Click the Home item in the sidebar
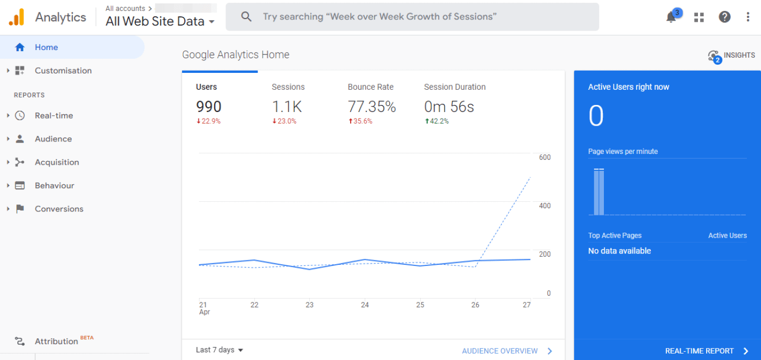(x=46, y=47)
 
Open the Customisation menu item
(x=63, y=71)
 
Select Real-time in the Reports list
(x=53, y=116)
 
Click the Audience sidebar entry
(x=53, y=139)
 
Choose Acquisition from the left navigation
(x=57, y=163)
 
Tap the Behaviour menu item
(x=54, y=186)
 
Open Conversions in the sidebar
(x=59, y=209)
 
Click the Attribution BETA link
(x=56, y=342)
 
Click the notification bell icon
(x=671, y=17)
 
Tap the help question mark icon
(x=725, y=17)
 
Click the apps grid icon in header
(x=699, y=17)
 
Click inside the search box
(x=413, y=17)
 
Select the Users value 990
(x=209, y=107)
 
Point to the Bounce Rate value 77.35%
(x=372, y=107)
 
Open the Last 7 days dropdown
(x=220, y=350)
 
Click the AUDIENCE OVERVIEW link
(x=500, y=351)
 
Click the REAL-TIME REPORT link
(x=700, y=351)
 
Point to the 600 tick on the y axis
(x=545, y=158)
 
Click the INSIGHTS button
(x=732, y=55)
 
